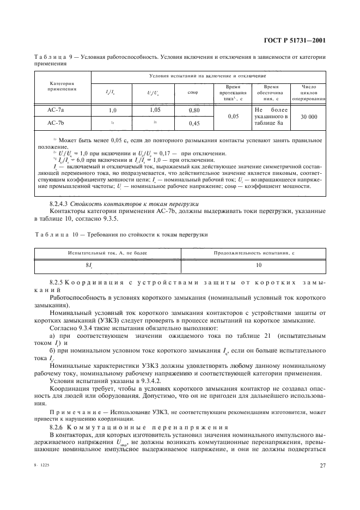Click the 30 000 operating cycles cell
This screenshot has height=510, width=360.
tap(310, 116)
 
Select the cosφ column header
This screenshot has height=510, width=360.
tap(193, 91)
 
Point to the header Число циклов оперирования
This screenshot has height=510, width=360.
tap(310, 92)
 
